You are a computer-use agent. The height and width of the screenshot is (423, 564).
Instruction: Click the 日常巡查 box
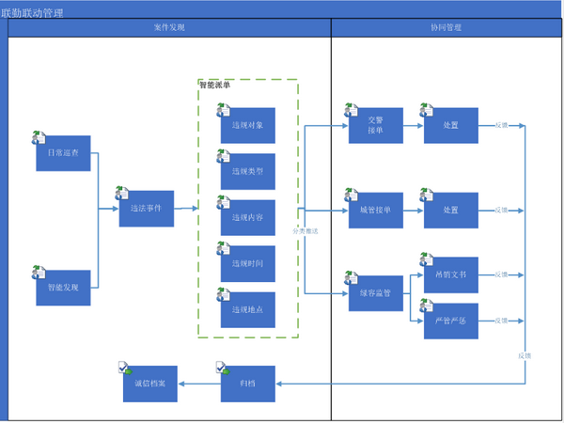point(63,153)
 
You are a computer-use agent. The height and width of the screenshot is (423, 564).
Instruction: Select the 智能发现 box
point(63,288)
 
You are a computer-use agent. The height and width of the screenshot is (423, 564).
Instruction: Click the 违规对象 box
point(248,125)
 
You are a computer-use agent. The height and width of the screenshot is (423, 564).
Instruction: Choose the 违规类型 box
point(248,172)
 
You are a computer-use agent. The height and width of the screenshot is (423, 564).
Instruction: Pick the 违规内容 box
point(248,218)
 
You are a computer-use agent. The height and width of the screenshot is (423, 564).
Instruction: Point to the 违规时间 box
point(248,264)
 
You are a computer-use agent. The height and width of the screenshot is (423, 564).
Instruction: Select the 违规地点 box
point(248,310)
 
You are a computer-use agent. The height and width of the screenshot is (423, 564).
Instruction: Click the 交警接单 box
point(375,126)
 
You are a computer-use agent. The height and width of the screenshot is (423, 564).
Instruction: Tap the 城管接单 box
point(375,211)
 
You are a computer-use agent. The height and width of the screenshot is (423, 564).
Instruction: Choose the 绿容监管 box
point(375,293)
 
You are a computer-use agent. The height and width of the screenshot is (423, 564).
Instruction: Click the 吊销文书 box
point(450,274)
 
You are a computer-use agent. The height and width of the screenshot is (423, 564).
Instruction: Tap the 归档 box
point(248,384)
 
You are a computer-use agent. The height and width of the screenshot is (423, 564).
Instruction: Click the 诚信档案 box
point(149,384)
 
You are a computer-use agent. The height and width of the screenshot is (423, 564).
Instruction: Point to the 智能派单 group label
point(215,86)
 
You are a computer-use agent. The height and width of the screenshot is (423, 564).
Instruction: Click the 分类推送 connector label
point(305,230)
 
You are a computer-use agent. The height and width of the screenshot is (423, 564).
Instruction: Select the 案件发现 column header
point(169,27)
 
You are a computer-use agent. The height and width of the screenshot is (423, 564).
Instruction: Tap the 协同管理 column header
point(446,27)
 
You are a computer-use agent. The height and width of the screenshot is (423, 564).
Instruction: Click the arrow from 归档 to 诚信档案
point(198,384)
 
